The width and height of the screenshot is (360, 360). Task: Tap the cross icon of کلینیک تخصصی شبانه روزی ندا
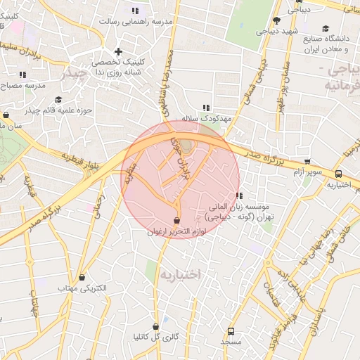click(118, 51)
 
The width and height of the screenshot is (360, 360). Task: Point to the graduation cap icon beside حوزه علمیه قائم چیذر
click(58, 99)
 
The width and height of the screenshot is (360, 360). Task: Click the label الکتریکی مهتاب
click(82, 288)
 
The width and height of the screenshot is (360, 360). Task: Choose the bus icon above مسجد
click(231, 330)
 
